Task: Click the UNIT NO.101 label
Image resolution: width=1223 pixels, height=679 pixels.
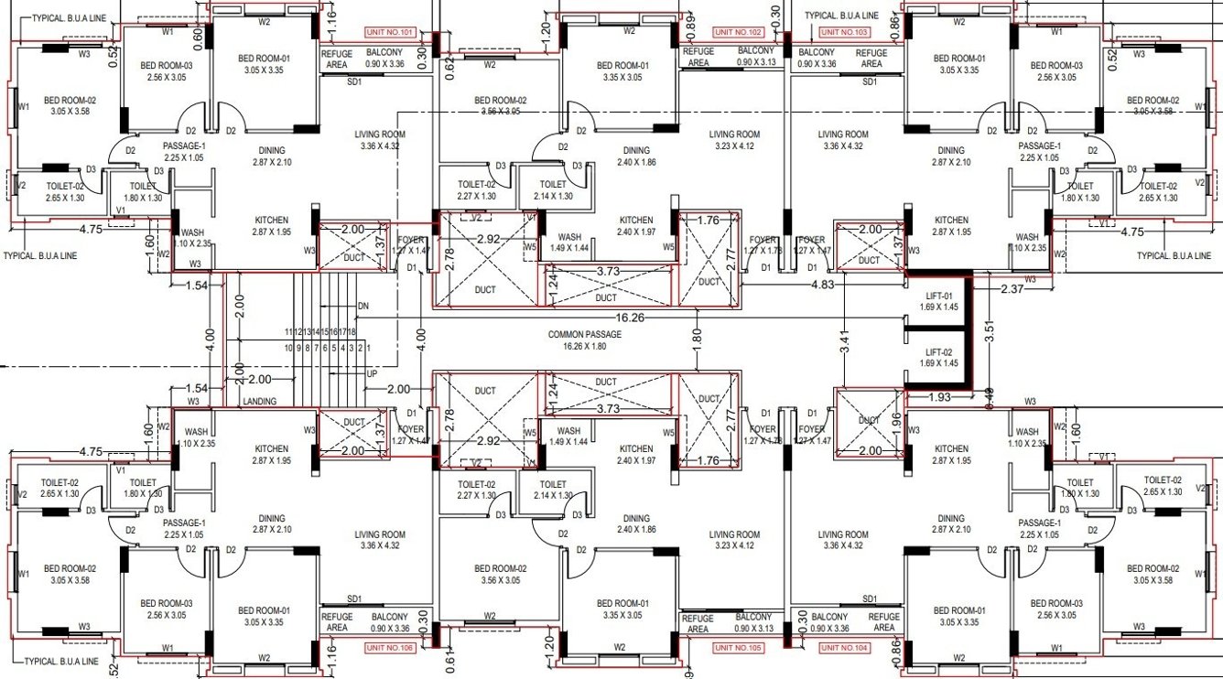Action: tap(390, 32)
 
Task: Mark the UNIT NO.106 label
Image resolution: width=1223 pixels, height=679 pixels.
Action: tap(390, 648)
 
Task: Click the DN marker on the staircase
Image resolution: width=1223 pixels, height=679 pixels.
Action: tap(363, 306)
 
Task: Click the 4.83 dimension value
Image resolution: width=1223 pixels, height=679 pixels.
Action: tap(824, 285)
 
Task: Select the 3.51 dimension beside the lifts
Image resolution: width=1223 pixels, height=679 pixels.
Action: tap(988, 330)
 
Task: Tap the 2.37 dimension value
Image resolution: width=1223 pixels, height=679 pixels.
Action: tap(1012, 290)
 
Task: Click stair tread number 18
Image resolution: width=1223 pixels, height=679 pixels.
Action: tap(352, 332)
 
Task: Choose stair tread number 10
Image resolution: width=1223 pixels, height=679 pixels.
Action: tap(288, 348)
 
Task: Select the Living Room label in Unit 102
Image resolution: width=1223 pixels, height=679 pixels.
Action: tap(734, 140)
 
